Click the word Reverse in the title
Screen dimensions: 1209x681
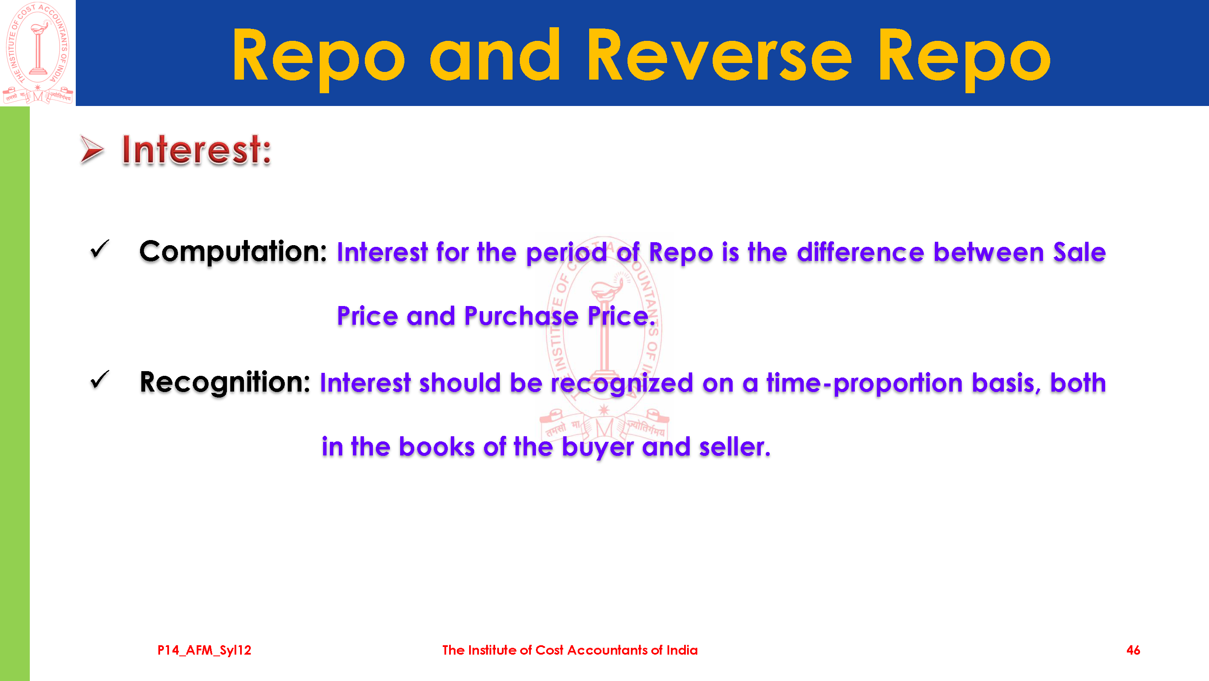tap(719, 55)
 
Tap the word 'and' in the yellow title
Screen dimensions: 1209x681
tap(495, 55)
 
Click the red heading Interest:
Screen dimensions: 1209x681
tap(197, 150)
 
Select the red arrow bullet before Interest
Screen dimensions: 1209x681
tap(92, 150)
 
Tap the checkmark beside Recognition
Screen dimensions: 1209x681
tap(100, 380)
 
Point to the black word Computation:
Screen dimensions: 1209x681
tap(233, 252)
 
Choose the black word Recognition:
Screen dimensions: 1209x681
tap(225, 383)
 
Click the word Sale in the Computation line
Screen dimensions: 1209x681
tap(1080, 252)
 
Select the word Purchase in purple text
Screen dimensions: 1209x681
tap(521, 316)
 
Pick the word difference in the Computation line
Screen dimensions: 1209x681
tap(861, 252)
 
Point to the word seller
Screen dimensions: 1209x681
tap(734, 447)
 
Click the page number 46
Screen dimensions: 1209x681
tap(1133, 650)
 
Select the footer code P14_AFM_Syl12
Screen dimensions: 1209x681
tap(204, 650)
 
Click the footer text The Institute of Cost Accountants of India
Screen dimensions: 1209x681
tap(570, 650)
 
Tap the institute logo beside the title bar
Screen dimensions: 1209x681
tap(38, 53)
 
